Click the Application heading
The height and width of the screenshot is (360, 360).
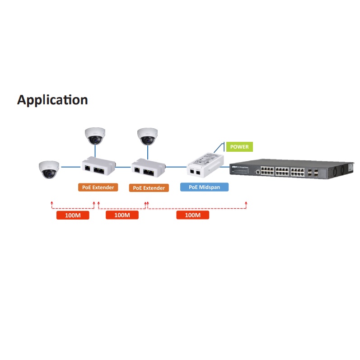52,100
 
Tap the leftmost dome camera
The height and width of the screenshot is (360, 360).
49,169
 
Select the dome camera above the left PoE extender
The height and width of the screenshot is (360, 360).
95,136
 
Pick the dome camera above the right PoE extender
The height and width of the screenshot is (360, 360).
147,136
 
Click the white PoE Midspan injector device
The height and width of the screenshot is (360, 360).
206,163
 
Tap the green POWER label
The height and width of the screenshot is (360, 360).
239,147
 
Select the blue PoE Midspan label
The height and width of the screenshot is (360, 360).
204,187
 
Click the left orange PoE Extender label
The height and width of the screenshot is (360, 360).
98,187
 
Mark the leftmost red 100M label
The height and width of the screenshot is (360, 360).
73,215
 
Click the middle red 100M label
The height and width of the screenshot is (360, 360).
122,215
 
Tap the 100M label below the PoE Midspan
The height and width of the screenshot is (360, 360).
192,215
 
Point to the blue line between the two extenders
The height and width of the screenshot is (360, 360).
123,167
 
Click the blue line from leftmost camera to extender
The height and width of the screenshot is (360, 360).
70,167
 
